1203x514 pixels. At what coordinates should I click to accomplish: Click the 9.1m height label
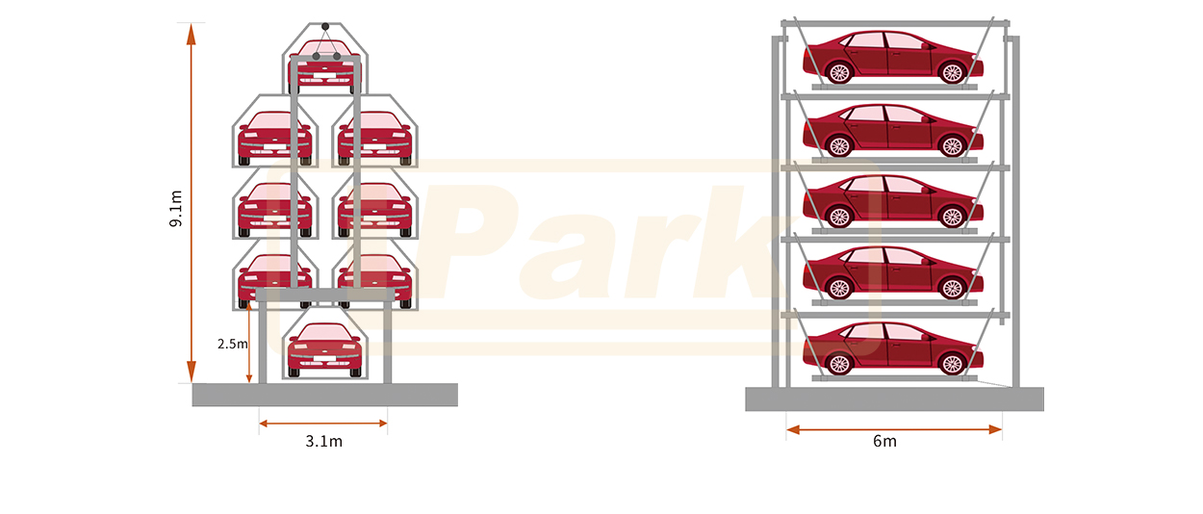pos(176,209)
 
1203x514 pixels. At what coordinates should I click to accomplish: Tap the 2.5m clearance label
pos(233,344)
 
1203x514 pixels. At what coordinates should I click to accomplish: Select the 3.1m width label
pos(323,441)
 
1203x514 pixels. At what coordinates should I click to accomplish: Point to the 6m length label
pos(884,441)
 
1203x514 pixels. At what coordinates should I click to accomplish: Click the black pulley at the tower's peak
pos(325,26)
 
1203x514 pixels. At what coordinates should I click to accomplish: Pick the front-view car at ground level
pos(324,349)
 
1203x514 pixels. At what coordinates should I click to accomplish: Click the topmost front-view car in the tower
pos(324,64)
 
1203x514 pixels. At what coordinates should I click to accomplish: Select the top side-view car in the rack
pos(892,57)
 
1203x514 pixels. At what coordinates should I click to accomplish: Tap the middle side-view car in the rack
pos(892,201)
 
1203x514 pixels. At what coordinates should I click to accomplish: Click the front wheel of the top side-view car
pos(952,72)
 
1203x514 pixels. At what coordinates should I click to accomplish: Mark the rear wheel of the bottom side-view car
pos(839,364)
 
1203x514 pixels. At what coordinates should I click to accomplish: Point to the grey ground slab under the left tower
pos(325,395)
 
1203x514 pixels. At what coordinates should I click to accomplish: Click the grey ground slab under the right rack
pos(895,399)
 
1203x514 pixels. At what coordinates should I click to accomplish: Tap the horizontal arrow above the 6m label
pos(894,429)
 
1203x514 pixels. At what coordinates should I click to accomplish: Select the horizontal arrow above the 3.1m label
pos(323,424)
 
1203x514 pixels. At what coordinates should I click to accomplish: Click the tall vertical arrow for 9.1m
pos(192,203)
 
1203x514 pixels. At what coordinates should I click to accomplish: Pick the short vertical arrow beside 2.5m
pos(248,342)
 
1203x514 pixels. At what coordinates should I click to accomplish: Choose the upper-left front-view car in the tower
pos(274,138)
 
